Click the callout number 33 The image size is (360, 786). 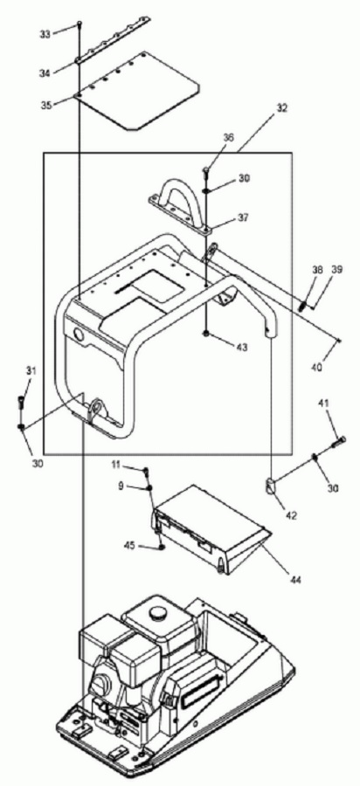(45, 33)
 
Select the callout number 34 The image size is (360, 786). (45, 73)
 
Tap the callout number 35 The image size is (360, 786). (46, 106)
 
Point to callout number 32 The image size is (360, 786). (281, 107)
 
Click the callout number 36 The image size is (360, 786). (229, 137)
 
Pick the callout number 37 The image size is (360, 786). (244, 218)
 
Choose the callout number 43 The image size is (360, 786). (244, 346)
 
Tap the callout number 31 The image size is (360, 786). (31, 371)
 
